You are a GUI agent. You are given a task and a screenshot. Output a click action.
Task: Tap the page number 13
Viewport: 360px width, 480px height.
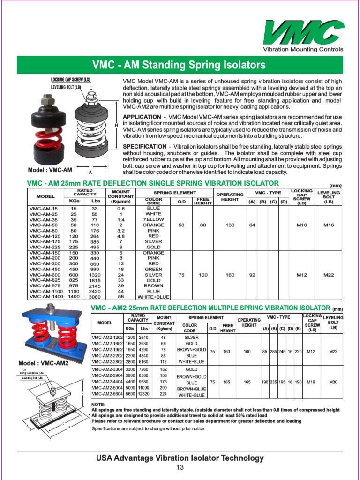pos(180,468)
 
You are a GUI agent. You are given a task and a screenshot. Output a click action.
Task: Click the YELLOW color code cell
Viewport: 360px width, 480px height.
pos(153,219)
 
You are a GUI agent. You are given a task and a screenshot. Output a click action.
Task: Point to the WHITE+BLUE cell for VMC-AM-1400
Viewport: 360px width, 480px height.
pos(153,297)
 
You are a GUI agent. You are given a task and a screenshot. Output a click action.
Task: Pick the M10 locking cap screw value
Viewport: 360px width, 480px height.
pos(302,225)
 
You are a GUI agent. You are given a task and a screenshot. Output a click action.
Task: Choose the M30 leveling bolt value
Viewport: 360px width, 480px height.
pos(333,382)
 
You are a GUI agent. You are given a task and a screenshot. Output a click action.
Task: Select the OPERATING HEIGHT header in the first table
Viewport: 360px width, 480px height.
pos(230,197)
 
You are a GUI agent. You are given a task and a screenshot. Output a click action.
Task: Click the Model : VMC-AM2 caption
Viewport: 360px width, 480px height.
pos(43,363)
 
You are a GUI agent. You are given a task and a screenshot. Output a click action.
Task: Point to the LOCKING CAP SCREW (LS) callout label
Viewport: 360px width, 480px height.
pos(70,80)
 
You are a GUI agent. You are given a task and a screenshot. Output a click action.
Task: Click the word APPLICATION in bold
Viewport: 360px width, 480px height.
pos(142,117)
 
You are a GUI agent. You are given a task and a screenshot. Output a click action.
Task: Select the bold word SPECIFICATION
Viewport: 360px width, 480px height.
pos(144,147)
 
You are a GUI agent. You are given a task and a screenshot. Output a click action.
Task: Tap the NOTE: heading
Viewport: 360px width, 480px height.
pos(98,404)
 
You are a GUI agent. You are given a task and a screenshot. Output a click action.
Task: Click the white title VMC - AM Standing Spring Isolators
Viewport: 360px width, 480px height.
pos(179,65)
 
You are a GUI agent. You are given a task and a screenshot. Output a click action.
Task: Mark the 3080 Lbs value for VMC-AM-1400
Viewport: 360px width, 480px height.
pos(95,297)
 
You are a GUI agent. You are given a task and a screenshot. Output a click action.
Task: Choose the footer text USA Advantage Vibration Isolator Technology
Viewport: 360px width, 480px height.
pos(180,458)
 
